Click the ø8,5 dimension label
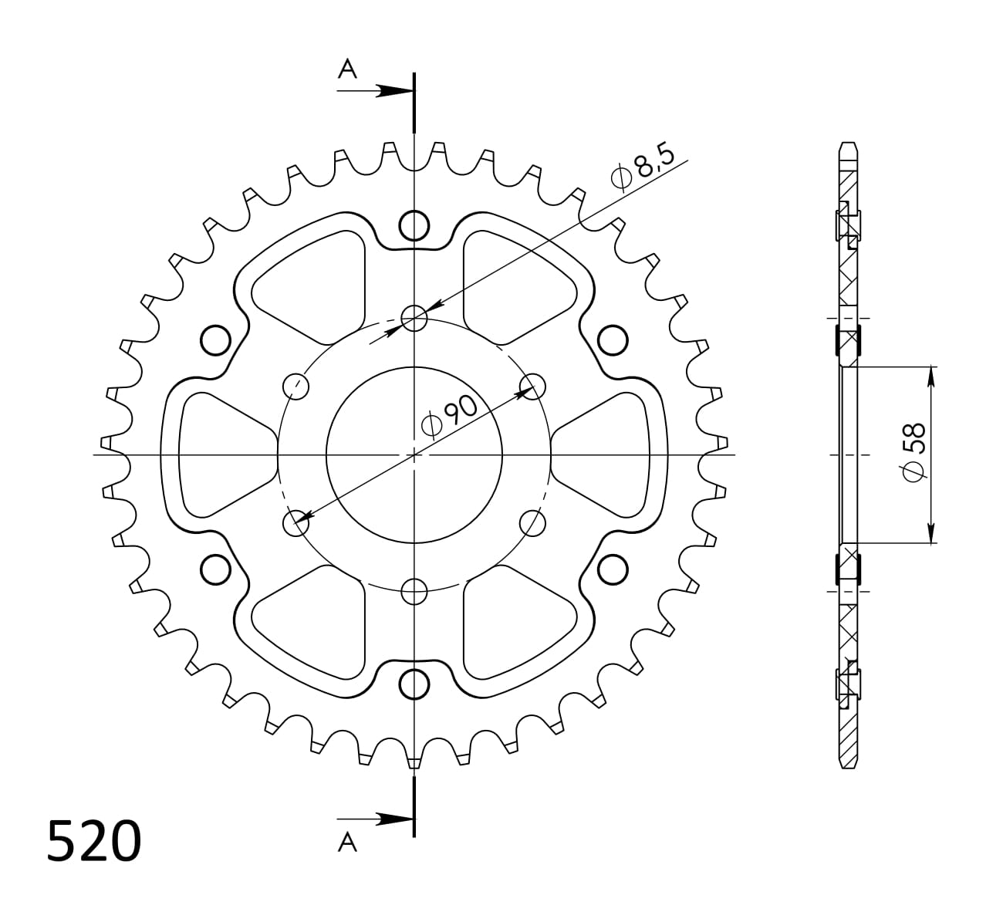pyautogui.click(x=643, y=167)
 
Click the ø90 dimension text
pyautogui.click(x=450, y=416)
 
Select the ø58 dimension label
pyautogui.click(x=914, y=452)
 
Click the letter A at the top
pyautogui.click(x=347, y=69)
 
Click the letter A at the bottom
pyautogui.click(x=347, y=843)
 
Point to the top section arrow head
pyautogui.click(x=394, y=91)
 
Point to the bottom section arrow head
pyautogui.click(x=394, y=819)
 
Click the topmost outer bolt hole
pyautogui.click(x=414, y=225)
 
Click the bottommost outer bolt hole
pyautogui.click(x=414, y=684)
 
